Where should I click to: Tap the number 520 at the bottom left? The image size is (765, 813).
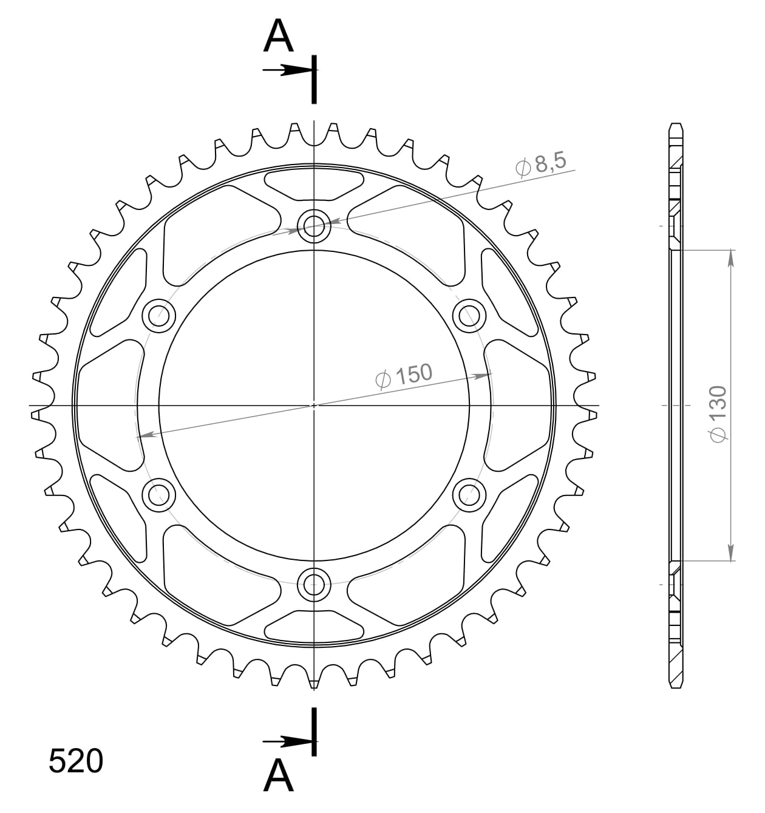(x=76, y=761)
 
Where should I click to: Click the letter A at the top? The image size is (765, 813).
(x=279, y=36)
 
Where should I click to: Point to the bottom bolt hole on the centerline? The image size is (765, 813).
(x=314, y=585)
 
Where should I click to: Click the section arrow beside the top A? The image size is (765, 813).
(x=288, y=71)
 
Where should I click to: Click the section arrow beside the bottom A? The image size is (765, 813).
(x=288, y=741)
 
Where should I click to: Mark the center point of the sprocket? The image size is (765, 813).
(x=314, y=405)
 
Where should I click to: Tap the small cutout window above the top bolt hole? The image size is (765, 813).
(x=314, y=184)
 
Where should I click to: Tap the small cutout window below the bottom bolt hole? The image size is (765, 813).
(x=314, y=626)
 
